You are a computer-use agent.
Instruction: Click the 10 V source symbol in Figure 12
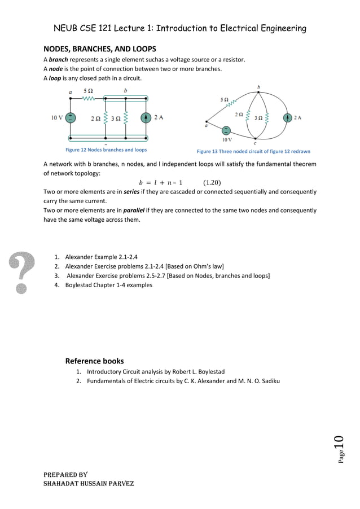70,118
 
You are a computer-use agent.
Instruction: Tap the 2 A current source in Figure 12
146,118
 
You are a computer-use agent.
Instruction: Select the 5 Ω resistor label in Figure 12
89,91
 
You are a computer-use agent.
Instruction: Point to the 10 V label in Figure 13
226,138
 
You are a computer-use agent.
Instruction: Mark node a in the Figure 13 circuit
207,122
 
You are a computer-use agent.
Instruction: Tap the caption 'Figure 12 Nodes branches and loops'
106,150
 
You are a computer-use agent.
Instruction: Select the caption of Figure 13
253,152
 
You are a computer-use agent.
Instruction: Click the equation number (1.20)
212,182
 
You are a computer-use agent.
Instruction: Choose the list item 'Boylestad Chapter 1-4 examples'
108,286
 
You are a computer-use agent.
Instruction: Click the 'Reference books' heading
94,361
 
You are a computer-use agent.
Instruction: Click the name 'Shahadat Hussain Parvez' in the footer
89,484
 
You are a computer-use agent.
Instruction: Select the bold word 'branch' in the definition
58,60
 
